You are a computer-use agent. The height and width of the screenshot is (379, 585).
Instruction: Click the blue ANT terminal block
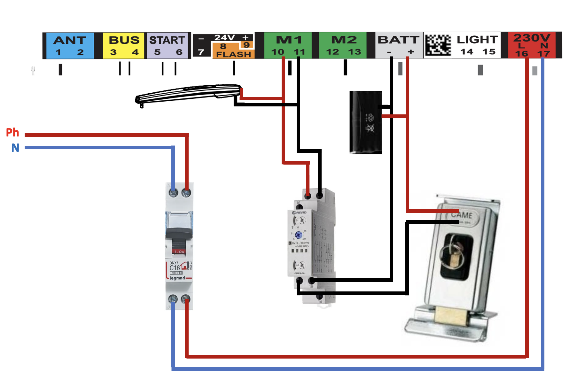[x=70, y=45]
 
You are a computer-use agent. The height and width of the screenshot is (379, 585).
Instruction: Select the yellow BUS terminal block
[x=124, y=45]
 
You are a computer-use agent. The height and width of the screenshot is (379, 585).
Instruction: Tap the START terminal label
[x=167, y=41]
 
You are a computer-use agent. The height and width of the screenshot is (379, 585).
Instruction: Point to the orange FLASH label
[x=233, y=54]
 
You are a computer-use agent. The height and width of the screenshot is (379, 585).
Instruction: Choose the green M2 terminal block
[x=343, y=45]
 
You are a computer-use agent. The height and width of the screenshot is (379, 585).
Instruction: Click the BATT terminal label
[x=398, y=40]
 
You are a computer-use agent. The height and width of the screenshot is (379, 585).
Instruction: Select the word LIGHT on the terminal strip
[x=477, y=40]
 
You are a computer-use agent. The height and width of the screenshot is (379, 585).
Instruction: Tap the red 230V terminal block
[x=532, y=45]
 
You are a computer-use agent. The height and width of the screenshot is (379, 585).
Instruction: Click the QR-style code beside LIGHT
[x=438, y=45]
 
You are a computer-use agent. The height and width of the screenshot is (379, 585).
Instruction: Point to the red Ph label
[x=12, y=132]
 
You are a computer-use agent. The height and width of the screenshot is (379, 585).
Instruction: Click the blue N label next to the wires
[x=15, y=148]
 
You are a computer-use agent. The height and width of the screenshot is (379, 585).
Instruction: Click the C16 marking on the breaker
[x=175, y=268]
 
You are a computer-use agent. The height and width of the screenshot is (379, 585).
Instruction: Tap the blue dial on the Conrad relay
[x=299, y=235]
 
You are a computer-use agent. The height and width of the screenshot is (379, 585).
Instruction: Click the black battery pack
[x=366, y=122]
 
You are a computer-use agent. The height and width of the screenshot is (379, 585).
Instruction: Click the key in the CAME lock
[x=454, y=256]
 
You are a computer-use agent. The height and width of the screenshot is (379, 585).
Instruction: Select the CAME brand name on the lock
[x=461, y=215]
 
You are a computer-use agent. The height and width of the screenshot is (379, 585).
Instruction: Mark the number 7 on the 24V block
[x=201, y=52]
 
